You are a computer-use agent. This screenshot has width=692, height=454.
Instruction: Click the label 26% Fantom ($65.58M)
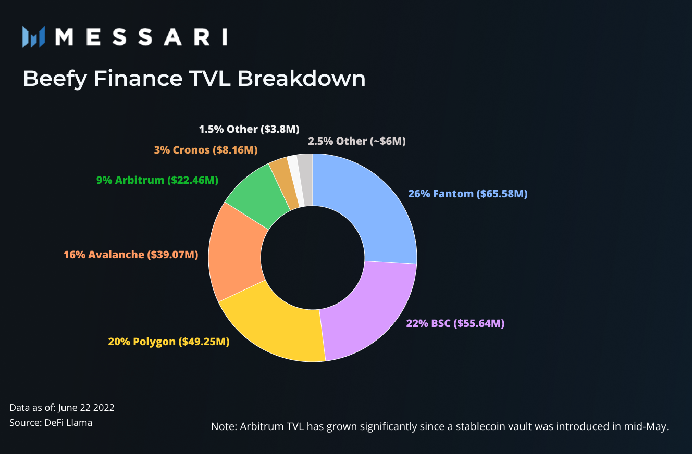click(x=468, y=194)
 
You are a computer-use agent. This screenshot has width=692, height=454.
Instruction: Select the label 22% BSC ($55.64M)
click(x=455, y=323)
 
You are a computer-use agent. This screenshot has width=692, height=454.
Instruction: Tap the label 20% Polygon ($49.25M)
click(x=168, y=342)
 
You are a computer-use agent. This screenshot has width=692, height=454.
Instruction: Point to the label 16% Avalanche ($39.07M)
click(x=131, y=255)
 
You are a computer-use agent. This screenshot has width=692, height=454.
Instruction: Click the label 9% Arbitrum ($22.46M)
click(x=157, y=180)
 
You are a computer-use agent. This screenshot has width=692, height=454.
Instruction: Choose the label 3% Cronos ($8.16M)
click(x=206, y=150)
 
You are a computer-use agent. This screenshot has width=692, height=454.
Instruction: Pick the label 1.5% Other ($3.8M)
click(x=249, y=129)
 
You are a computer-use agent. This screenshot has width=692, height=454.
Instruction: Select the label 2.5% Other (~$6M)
click(x=356, y=141)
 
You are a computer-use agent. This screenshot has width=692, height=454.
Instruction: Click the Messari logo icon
click(x=34, y=36)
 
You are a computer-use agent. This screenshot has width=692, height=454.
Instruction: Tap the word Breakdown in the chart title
click(x=301, y=79)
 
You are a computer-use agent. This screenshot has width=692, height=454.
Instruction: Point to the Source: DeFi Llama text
click(x=51, y=423)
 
